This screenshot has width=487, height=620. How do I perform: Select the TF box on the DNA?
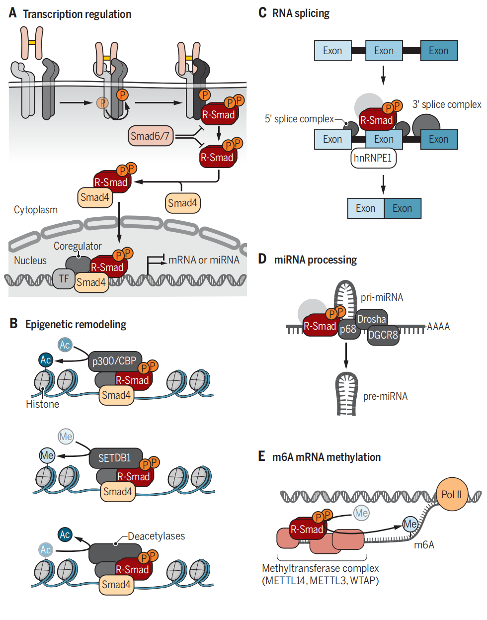pos(64,279)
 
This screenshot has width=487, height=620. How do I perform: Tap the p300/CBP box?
pos(114,361)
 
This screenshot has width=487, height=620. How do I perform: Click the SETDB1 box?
pos(115,458)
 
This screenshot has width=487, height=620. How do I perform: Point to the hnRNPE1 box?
pos(373,158)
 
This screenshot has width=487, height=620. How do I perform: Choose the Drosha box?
pos(371,319)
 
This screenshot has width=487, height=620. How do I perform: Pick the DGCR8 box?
pos(383,335)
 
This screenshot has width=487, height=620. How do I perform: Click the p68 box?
pos(348,329)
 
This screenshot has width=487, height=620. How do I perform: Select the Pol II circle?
pos(452,494)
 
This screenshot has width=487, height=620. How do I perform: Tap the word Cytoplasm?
pos(36,210)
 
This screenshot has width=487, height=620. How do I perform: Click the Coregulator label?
pos(78,246)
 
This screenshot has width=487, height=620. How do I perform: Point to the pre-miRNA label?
pos(385,396)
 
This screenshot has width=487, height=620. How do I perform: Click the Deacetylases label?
pos(156,536)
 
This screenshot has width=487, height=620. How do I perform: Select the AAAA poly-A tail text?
pos(438,327)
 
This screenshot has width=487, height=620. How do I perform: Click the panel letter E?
pos(261,456)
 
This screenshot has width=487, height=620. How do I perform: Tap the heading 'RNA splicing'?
pos(301,13)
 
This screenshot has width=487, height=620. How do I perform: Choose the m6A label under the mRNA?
pos(424,545)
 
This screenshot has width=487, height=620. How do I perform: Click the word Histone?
pos(42,404)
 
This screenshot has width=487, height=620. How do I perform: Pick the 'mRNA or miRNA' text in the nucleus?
pos(204,260)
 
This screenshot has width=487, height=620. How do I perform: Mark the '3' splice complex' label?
pos(446,104)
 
